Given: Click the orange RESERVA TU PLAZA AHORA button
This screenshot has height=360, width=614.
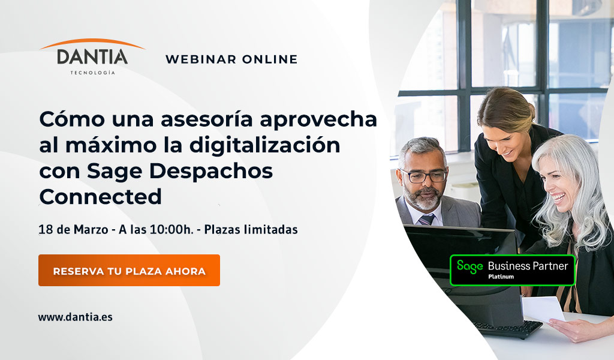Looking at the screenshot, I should click(129, 271).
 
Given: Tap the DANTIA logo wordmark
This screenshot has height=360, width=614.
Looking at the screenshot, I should click(92, 57).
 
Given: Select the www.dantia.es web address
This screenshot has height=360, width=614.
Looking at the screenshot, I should click(75, 317).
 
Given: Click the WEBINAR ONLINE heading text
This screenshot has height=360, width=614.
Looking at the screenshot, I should click(231, 59).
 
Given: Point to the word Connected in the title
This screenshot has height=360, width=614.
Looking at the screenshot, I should click(101, 196).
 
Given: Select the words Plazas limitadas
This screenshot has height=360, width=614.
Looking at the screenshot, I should click(251, 230).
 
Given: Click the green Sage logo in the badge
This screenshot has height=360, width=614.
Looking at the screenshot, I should click(470, 266).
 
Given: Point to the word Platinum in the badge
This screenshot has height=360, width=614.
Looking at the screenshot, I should click(501, 277).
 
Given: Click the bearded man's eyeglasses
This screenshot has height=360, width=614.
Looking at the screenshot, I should click(425, 176).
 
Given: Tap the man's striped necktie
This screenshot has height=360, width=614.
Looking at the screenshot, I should click(427, 220).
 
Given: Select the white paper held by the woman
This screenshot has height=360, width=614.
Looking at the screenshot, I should click(543, 308).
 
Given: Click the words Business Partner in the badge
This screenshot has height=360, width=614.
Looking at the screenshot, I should click(528, 266).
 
